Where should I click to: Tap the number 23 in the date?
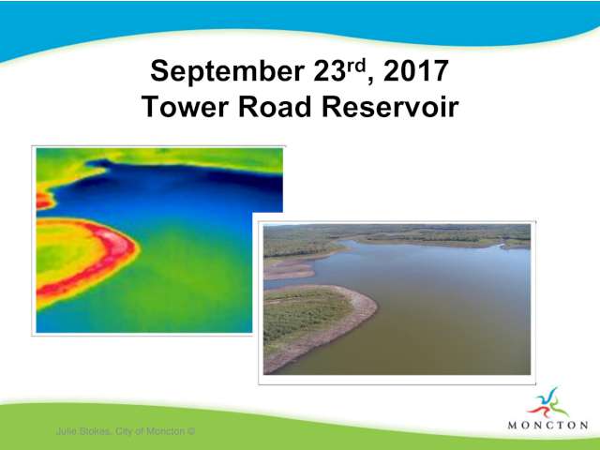point(330,71)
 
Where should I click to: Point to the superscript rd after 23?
point(356,66)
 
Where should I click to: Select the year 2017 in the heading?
point(416,71)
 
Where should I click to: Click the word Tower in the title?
point(185,107)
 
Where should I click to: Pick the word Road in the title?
point(275,107)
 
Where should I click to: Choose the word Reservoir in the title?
point(390,107)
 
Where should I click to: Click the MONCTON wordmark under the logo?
point(547,425)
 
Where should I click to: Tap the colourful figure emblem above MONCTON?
point(547,403)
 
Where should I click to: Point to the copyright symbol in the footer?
point(191,431)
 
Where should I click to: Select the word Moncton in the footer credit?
point(166,431)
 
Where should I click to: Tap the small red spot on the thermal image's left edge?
point(43,201)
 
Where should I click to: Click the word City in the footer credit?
point(123,431)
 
